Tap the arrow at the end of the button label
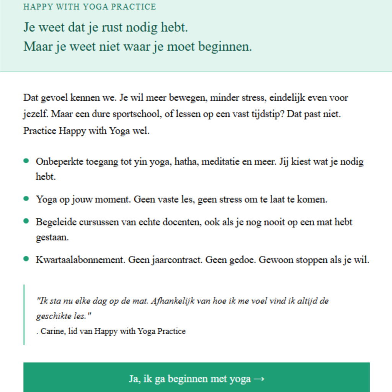click(x=259, y=379)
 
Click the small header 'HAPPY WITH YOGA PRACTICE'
click(x=90, y=7)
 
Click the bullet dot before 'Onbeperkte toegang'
click(x=26, y=161)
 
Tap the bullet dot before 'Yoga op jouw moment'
click(x=26, y=198)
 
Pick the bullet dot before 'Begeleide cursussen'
click(x=26, y=221)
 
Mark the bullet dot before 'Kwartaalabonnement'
click(x=26, y=259)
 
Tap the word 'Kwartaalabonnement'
click(x=80, y=260)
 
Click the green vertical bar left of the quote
click(x=24, y=314)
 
